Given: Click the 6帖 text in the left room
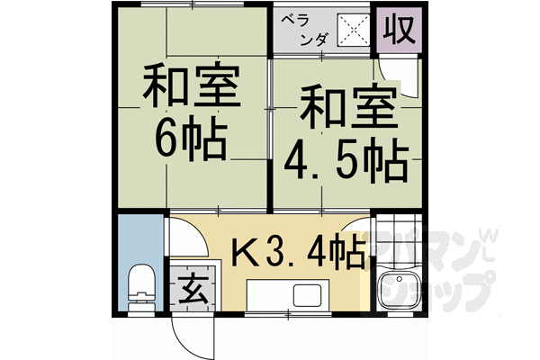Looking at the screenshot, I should click(190, 138).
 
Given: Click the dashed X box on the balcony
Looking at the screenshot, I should click(353, 29).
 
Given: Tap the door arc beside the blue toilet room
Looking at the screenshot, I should click(183, 241).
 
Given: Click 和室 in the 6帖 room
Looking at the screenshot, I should click(190, 88).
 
